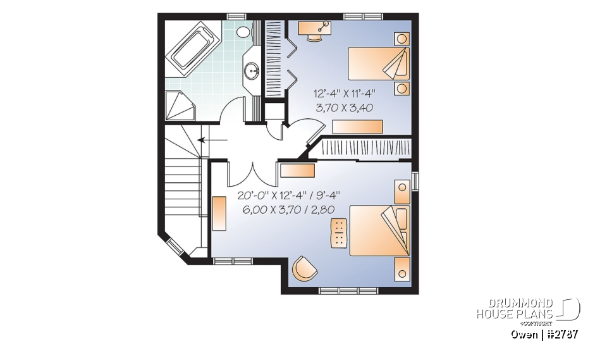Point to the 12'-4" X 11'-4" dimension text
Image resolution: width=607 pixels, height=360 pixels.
coord(343,94)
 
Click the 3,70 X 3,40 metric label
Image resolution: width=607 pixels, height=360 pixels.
coord(343,108)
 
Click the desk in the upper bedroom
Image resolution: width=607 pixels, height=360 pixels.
coord(313,27)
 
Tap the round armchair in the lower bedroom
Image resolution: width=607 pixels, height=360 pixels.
coord(304,268)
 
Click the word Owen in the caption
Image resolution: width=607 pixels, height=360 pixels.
coord(524,334)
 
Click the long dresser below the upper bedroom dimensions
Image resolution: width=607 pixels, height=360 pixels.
coord(357,126)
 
